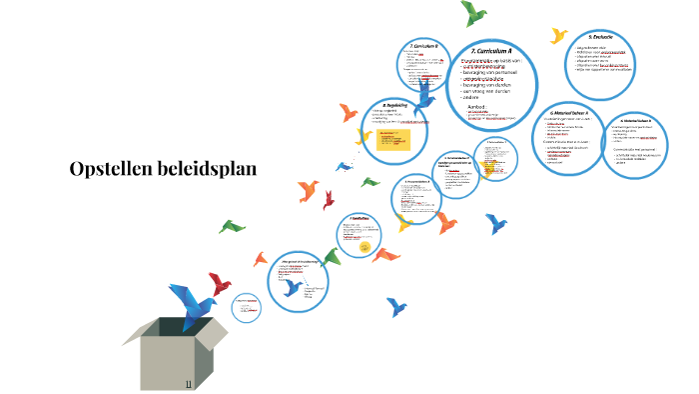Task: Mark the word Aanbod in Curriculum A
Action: pyautogui.click(x=478, y=104)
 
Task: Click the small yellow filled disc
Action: pyautogui.click(x=365, y=247)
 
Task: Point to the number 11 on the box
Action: pyautogui.click(x=188, y=384)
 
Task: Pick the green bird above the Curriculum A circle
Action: pyautogui.click(x=473, y=12)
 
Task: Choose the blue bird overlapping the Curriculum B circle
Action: pyautogui.click(x=424, y=97)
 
